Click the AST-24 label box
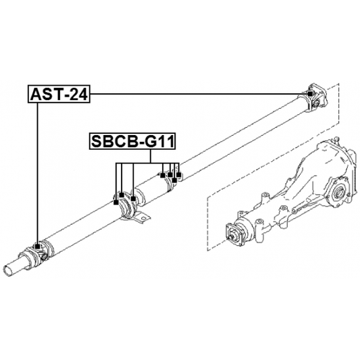pyautogui.click(x=59, y=94)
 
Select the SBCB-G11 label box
pyautogui.click(x=132, y=141)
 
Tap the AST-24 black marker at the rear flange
pyautogui.click(x=310, y=94)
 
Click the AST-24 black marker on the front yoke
pyautogui.click(x=37, y=247)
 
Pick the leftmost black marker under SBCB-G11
pyautogui.click(x=116, y=203)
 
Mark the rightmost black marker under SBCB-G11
pyautogui.click(x=178, y=176)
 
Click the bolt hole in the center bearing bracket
pyautogui.click(x=143, y=217)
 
